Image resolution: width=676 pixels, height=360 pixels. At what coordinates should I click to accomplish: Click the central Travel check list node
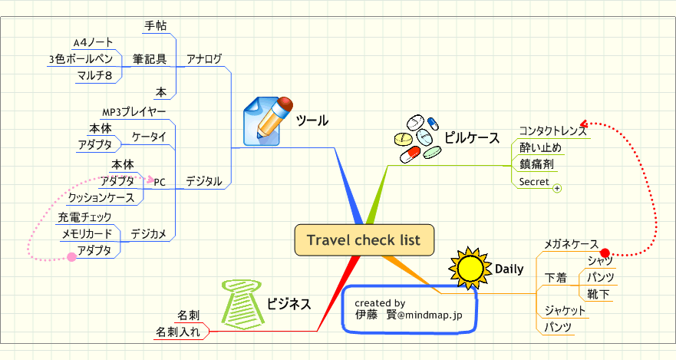[x=364, y=239]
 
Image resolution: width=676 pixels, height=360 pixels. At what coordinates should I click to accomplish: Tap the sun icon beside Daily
[x=469, y=268]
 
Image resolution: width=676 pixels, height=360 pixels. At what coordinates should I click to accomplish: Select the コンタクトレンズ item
[x=552, y=130]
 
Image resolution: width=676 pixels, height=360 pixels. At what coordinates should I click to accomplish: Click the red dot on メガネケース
[x=604, y=253]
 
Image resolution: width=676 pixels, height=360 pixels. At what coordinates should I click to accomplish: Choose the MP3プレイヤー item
[x=134, y=112]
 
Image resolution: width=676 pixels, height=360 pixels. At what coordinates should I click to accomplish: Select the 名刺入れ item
[x=178, y=332]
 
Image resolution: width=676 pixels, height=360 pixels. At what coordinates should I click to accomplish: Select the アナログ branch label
[x=204, y=58]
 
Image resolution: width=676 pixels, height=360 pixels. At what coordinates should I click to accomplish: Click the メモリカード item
[x=87, y=233]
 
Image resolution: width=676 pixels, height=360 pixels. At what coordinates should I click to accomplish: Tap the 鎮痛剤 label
[x=536, y=164]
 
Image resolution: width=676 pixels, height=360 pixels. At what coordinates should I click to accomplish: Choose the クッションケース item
[x=102, y=197]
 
